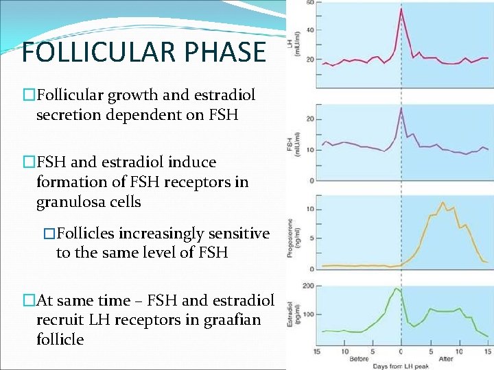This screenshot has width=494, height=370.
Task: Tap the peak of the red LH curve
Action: tap(401, 9)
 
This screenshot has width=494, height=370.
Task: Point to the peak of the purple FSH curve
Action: tap(401, 109)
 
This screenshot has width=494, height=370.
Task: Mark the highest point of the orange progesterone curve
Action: tap(443, 203)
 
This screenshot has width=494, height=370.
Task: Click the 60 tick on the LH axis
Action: tap(309, 3)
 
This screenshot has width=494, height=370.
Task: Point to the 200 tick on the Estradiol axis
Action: tap(307, 285)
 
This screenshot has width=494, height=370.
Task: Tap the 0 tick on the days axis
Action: tap(401, 351)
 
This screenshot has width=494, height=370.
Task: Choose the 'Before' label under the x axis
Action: tap(358, 358)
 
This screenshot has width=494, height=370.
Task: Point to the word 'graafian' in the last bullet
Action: tap(232, 320)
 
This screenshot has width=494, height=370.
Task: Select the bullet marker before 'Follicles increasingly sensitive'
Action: tap(48, 234)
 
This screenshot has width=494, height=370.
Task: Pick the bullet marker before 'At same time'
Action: tap(29, 301)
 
